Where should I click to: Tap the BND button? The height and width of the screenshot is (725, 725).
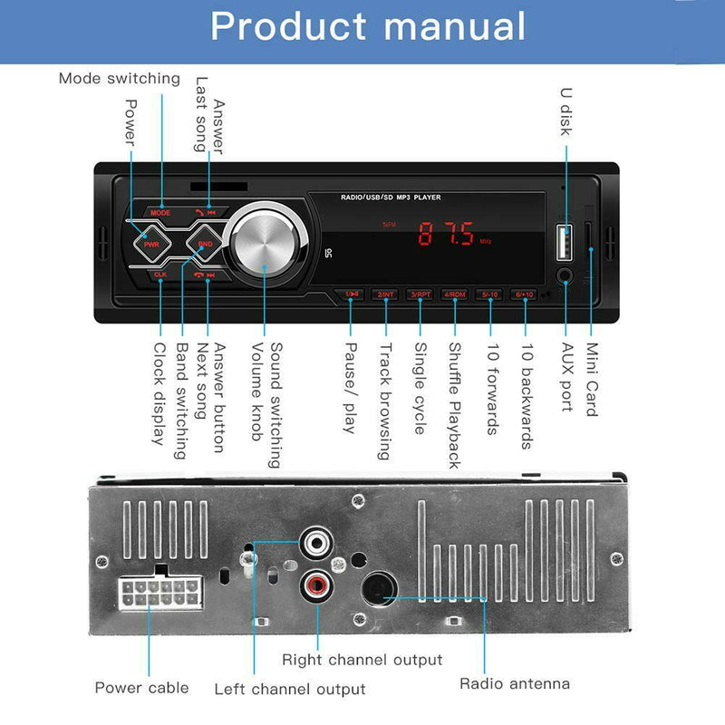point(205,243)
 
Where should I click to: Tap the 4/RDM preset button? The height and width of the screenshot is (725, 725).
point(454,295)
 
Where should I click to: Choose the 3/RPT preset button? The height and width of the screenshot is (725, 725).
point(420,295)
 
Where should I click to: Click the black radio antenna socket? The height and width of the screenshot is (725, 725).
point(378,593)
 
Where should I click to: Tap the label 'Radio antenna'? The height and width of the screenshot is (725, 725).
point(515,683)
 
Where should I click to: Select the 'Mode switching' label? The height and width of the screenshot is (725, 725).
point(119,78)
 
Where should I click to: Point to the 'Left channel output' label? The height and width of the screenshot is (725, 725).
point(290,690)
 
